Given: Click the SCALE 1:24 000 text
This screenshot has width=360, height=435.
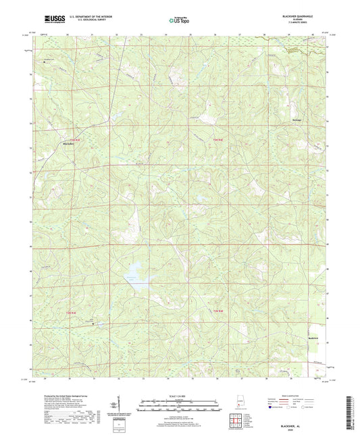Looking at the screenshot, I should click(180, 395).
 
